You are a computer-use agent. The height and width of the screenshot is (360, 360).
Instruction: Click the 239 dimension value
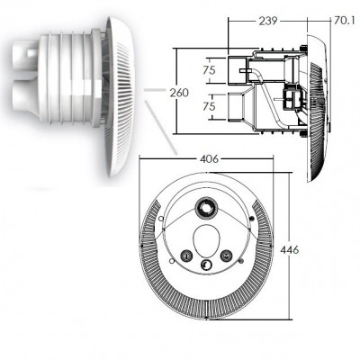click(268, 21)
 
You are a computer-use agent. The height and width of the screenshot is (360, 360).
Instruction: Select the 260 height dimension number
click(179, 93)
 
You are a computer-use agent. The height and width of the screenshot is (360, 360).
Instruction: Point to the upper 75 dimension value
click(209, 70)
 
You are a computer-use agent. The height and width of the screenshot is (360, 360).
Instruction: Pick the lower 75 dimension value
click(209, 106)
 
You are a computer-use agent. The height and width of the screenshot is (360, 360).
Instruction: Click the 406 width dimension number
click(209, 158)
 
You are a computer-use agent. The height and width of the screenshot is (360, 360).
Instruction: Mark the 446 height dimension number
click(289, 249)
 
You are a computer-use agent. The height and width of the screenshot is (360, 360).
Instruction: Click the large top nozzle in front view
click(206, 208)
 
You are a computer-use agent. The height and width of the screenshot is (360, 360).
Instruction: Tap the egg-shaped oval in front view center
click(206, 241)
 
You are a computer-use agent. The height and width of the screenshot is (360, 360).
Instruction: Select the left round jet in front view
click(186, 256)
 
